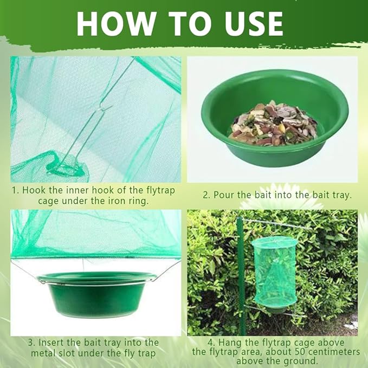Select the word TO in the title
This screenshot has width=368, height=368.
click(188, 24)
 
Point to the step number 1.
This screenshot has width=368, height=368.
click(15, 191)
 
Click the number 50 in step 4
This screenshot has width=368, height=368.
click(300, 352)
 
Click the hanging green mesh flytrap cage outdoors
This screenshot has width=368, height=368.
click(274, 272)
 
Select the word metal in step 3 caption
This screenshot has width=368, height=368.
click(43, 353)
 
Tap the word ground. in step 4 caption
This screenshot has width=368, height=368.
click(300, 361)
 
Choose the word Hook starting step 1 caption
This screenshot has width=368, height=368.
click(33, 191)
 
